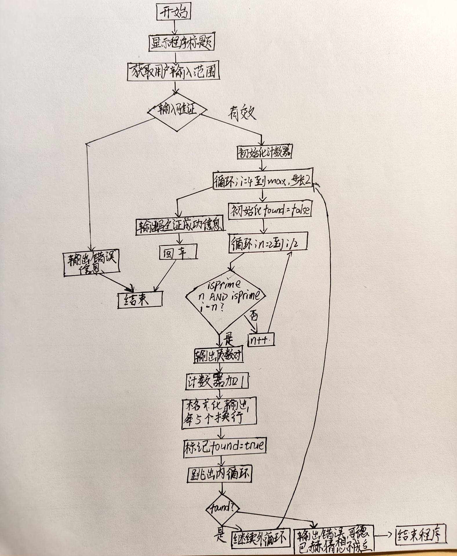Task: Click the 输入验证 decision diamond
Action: pos(177,111)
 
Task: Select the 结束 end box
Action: pos(140,300)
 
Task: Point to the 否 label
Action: pos(254,315)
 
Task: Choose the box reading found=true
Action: pos(225,446)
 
